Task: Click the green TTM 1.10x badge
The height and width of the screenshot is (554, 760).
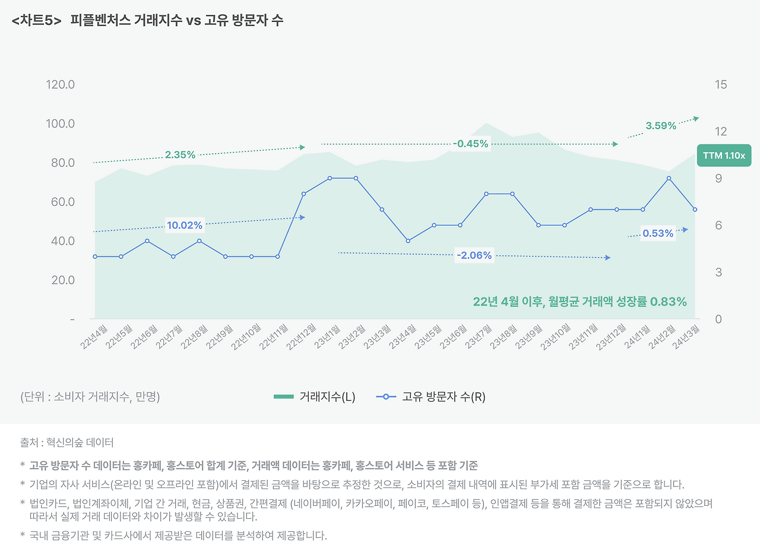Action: pyautogui.click(x=724, y=156)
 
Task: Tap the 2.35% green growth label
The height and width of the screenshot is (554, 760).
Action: pyautogui.click(x=180, y=155)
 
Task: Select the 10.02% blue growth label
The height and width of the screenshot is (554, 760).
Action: pyautogui.click(x=185, y=225)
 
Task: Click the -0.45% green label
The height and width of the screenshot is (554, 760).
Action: pyautogui.click(x=470, y=143)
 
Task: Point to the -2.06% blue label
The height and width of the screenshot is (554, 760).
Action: pyautogui.click(x=474, y=256)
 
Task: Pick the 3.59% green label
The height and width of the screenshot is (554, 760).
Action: pyautogui.click(x=661, y=125)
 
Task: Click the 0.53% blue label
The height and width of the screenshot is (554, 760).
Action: pyautogui.click(x=658, y=234)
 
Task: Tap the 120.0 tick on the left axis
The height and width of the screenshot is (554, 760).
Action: pyautogui.click(x=60, y=84)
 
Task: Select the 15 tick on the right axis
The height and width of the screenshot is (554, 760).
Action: pyautogui.click(x=721, y=84)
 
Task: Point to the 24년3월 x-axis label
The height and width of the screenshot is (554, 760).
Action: pyautogui.click(x=687, y=337)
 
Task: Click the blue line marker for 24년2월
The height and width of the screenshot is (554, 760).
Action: pyautogui.click(x=669, y=178)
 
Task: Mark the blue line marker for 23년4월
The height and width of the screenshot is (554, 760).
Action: pyautogui.click(x=408, y=241)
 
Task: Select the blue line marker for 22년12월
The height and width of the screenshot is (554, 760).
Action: pyautogui.click(x=303, y=194)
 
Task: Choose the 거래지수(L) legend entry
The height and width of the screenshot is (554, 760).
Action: pyautogui.click(x=315, y=397)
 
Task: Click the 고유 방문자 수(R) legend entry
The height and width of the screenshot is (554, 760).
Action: pyautogui.click(x=431, y=397)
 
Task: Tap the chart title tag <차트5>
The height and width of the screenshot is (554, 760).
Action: pyautogui.click(x=36, y=20)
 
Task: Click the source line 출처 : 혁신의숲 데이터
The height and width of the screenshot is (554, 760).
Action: pyautogui.click(x=66, y=443)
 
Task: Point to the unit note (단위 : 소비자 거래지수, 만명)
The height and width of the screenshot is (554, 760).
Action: pyautogui.click(x=90, y=397)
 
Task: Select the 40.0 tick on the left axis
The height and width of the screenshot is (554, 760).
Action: pyautogui.click(x=60, y=241)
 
